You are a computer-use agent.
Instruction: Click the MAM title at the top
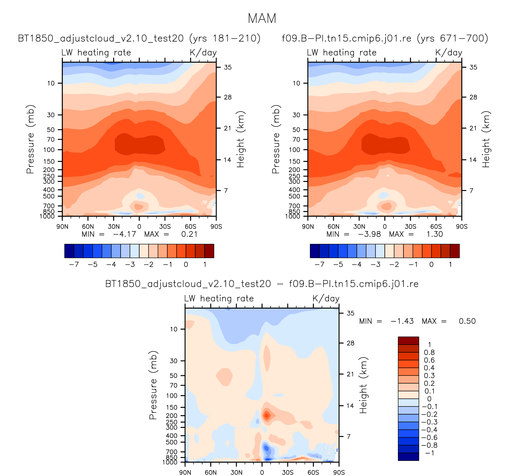pyautogui.click(x=262, y=18)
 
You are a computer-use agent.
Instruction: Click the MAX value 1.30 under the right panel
pyautogui.click(x=435, y=234)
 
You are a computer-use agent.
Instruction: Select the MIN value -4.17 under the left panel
pyautogui.click(x=124, y=234)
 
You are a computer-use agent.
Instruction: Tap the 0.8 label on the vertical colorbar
pyautogui.click(x=429, y=352)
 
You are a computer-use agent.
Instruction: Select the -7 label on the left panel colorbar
pyautogui.click(x=74, y=265)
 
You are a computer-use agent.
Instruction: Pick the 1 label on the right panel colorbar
pyautogui.click(x=450, y=265)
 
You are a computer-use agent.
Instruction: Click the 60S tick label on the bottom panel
pyautogui.click(x=313, y=473)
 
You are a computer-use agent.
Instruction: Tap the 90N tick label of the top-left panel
pyautogui.click(x=62, y=227)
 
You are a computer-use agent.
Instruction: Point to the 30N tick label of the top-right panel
pyautogui.click(x=359, y=227)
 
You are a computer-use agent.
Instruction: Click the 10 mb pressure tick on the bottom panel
pyautogui.click(x=174, y=329)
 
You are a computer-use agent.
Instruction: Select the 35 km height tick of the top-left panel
pyautogui.click(x=228, y=67)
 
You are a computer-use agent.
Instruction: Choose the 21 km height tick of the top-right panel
pyautogui.click(x=473, y=128)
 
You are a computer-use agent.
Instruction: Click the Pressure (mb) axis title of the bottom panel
pyautogui.click(x=153, y=385)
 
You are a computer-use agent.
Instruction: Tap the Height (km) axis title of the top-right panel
pyautogui.click(x=485, y=139)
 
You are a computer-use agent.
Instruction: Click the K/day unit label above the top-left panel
pyautogui.click(x=203, y=53)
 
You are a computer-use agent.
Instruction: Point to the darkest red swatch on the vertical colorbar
pyautogui.click(x=408, y=341)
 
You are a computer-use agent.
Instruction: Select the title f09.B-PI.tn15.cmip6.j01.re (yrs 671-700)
pyautogui.click(x=385, y=38)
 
